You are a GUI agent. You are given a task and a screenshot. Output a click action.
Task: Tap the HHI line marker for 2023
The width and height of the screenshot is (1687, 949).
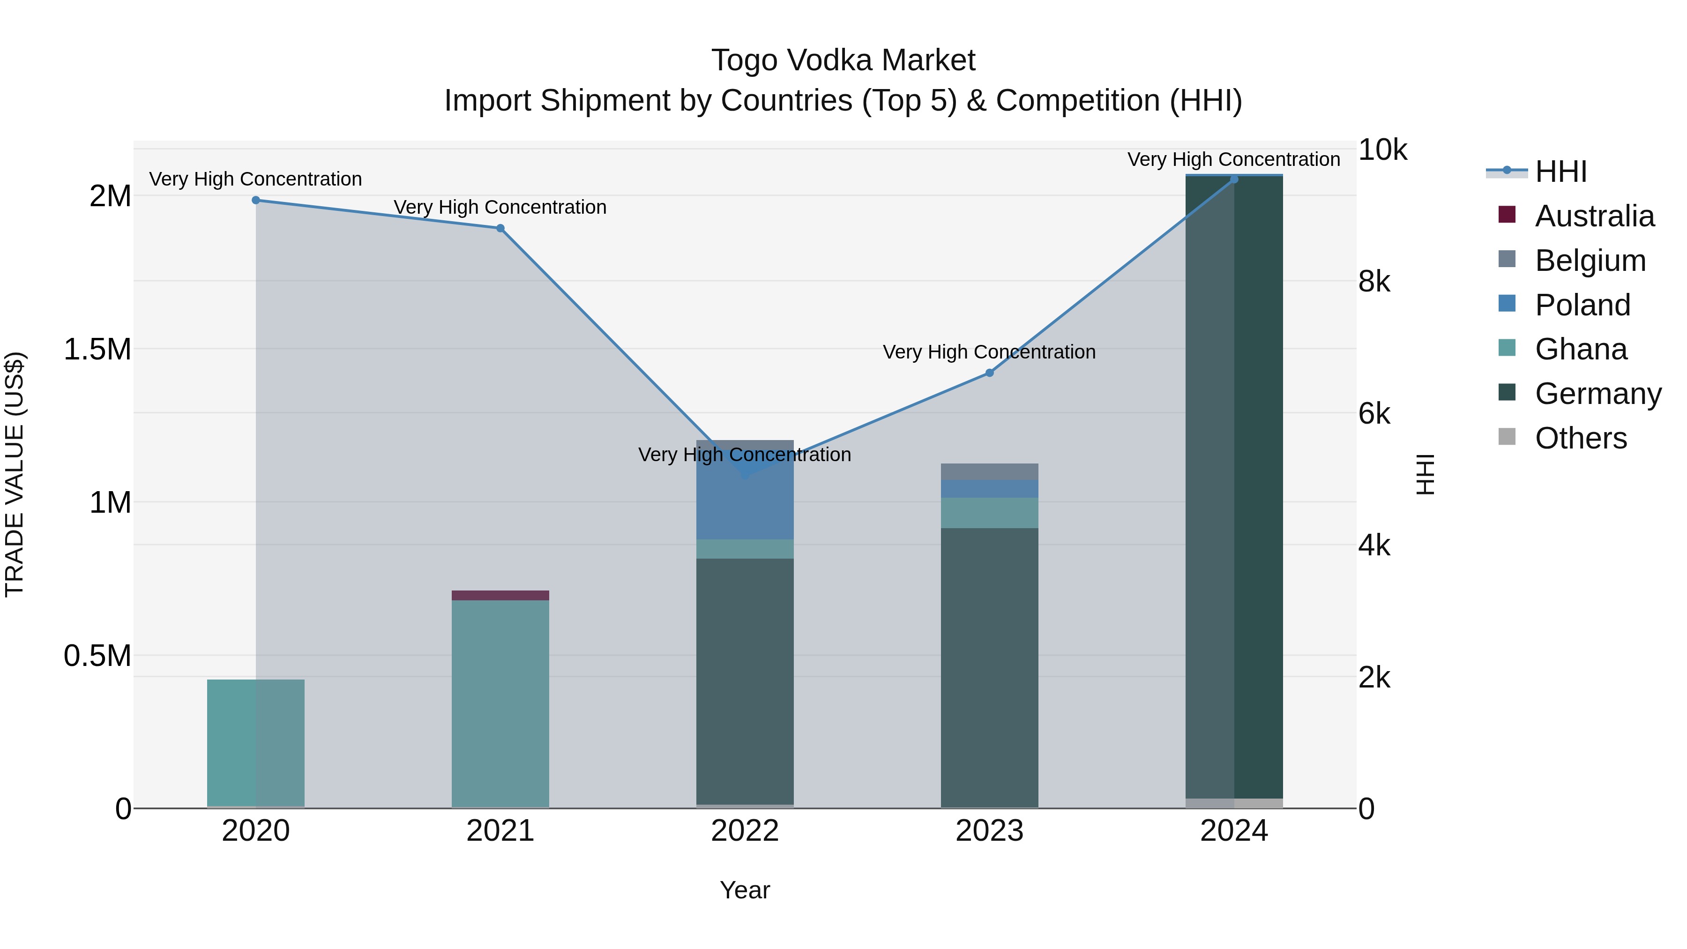click(990, 373)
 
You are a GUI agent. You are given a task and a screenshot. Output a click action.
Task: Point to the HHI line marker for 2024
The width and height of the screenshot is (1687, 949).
click(1234, 179)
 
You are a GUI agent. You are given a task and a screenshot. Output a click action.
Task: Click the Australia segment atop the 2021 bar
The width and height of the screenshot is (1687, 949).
click(500, 595)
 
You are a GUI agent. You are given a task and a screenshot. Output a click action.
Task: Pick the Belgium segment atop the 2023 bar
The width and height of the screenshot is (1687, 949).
click(990, 471)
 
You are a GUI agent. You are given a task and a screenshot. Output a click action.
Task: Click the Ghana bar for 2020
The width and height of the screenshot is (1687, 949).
click(256, 743)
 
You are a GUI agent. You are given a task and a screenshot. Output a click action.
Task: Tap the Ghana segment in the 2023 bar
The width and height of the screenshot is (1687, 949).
click(990, 513)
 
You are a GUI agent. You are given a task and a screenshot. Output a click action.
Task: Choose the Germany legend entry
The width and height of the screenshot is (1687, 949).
click(1598, 394)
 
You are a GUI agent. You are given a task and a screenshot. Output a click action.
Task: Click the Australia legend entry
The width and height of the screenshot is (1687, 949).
click(1594, 216)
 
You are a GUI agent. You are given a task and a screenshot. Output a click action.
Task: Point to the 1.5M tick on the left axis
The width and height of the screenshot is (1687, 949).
click(97, 350)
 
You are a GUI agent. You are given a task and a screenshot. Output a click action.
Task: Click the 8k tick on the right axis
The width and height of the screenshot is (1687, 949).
click(1374, 282)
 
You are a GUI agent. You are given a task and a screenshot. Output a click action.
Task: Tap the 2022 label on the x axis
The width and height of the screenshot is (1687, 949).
click(745, 831)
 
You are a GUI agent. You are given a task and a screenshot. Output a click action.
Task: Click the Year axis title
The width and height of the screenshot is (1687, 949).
click(745, 890)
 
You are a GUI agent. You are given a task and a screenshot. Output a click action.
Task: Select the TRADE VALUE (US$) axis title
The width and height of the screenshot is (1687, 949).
click(15, 474)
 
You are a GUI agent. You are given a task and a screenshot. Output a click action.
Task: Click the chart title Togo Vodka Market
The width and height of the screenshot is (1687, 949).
click(843, 60)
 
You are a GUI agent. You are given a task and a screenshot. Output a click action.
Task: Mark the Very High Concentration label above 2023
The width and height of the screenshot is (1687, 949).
click(989, 351)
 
